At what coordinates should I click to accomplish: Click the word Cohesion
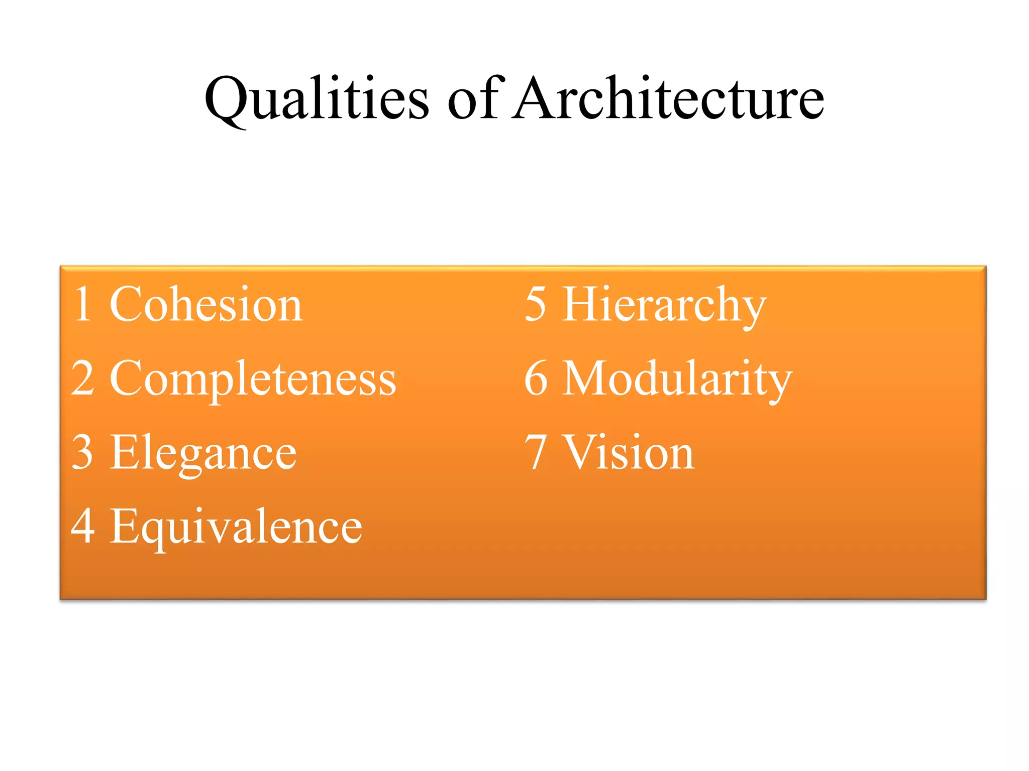click(x=206, y=305)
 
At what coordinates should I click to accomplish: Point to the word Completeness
click(x=253, y=379)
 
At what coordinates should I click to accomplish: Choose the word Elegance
click(x=203, y=453)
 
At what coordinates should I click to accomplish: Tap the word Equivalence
click(x=236, y=527)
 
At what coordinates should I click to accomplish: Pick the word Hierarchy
click(x=664, y=305)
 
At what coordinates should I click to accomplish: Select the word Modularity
click(x=677, y=379)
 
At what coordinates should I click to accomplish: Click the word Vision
click(x=630, y=453)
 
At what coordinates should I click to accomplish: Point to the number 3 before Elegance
click(x=83, y=452)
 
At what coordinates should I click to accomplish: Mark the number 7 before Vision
click(x=536, y=452)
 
